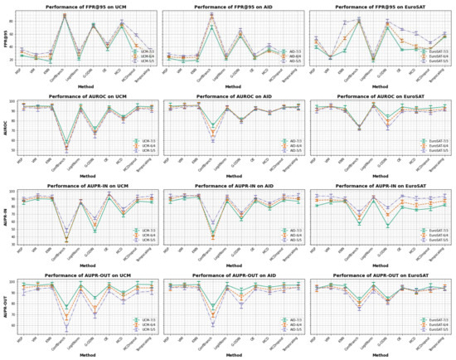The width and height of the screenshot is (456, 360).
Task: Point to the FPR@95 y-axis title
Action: point(6,40)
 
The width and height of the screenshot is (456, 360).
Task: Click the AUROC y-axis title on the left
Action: point(6,129)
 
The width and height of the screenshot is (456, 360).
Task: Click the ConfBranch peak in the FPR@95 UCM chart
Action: point(65,15)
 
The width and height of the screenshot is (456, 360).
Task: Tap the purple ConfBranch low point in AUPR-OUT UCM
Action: point(65,329)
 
